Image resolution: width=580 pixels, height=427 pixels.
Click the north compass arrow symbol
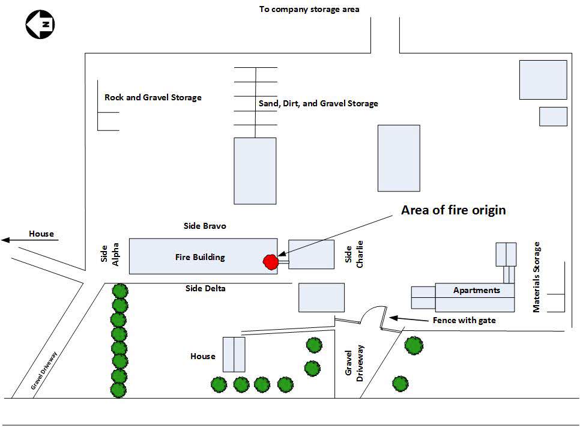point(40,25)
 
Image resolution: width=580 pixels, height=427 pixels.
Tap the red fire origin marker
point(271,261)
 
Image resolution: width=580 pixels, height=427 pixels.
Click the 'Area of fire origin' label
point(453,210)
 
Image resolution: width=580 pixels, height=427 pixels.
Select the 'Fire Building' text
point(200,257)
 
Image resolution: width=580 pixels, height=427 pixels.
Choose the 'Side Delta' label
point(205,288)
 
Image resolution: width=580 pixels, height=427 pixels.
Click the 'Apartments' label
point(477,290)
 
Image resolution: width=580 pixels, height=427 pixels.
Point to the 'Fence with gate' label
point(464,320)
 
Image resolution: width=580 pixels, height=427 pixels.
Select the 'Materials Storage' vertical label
point(537,277)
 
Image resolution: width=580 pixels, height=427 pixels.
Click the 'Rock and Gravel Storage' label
point(153,97)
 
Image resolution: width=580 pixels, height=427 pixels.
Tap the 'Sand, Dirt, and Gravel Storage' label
point(318,103)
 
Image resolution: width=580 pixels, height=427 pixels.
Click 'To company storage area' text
point(309,9)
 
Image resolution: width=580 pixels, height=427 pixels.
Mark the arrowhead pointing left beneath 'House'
point(6,240)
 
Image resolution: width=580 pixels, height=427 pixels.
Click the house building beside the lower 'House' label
point(234,354)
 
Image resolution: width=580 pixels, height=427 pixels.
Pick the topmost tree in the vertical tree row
point(119,291)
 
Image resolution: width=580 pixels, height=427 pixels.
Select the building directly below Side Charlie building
point(322,297)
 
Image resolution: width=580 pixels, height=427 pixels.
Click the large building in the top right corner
point(543,79)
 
